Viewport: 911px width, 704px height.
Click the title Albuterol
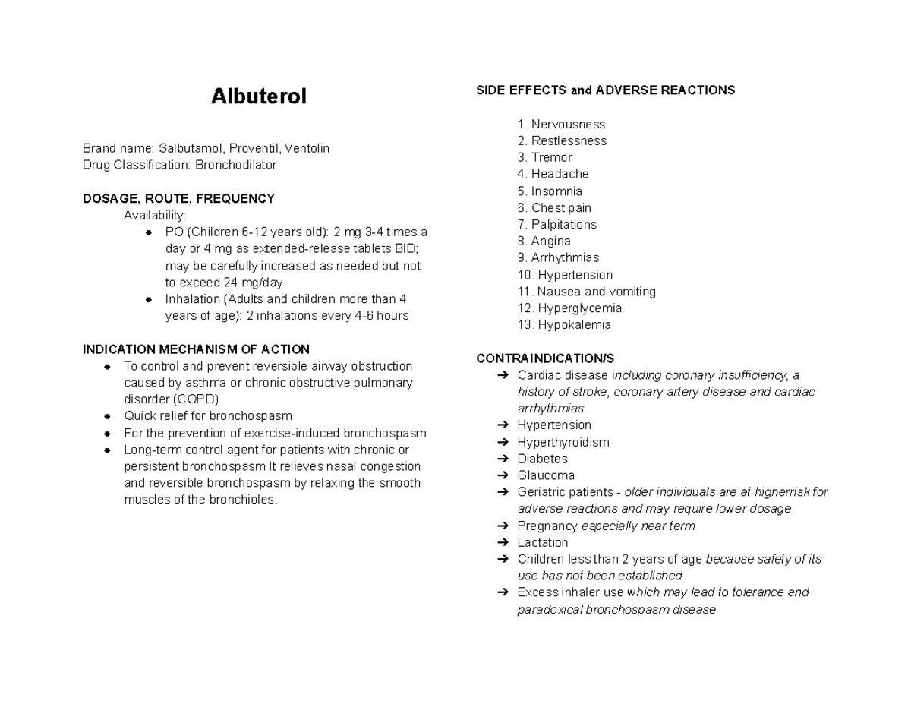point(259,97)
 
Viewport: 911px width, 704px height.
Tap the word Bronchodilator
point(235,165)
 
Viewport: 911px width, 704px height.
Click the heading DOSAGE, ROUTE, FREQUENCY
point(178,199)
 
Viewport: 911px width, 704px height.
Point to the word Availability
point(155,216)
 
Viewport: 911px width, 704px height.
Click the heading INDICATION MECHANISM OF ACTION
point(196,349)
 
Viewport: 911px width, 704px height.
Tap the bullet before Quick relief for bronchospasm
point(108,416)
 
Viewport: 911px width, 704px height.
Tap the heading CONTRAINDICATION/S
point(545,358)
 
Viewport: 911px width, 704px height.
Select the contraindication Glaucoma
point(546,475)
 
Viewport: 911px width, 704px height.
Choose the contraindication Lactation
point(542,542)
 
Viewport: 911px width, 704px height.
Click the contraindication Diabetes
point(542,459)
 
